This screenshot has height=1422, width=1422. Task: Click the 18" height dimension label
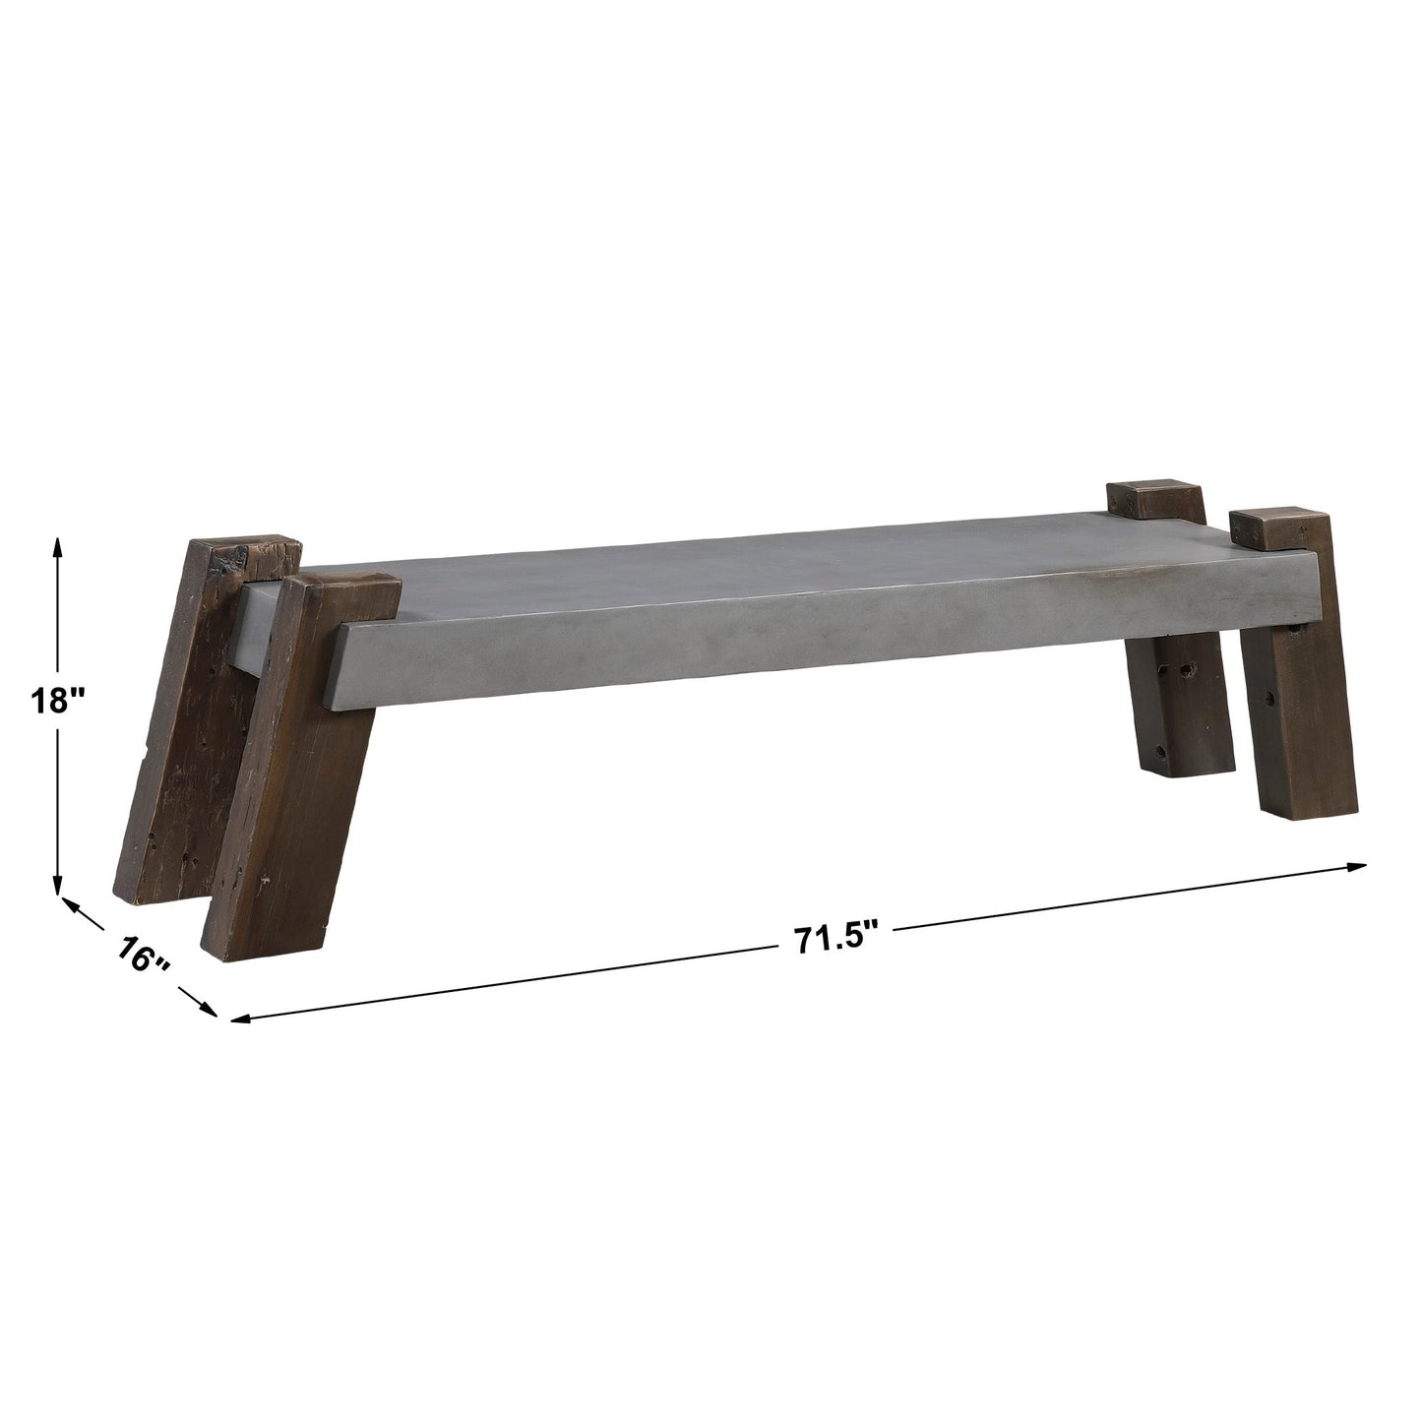[59, 701]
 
